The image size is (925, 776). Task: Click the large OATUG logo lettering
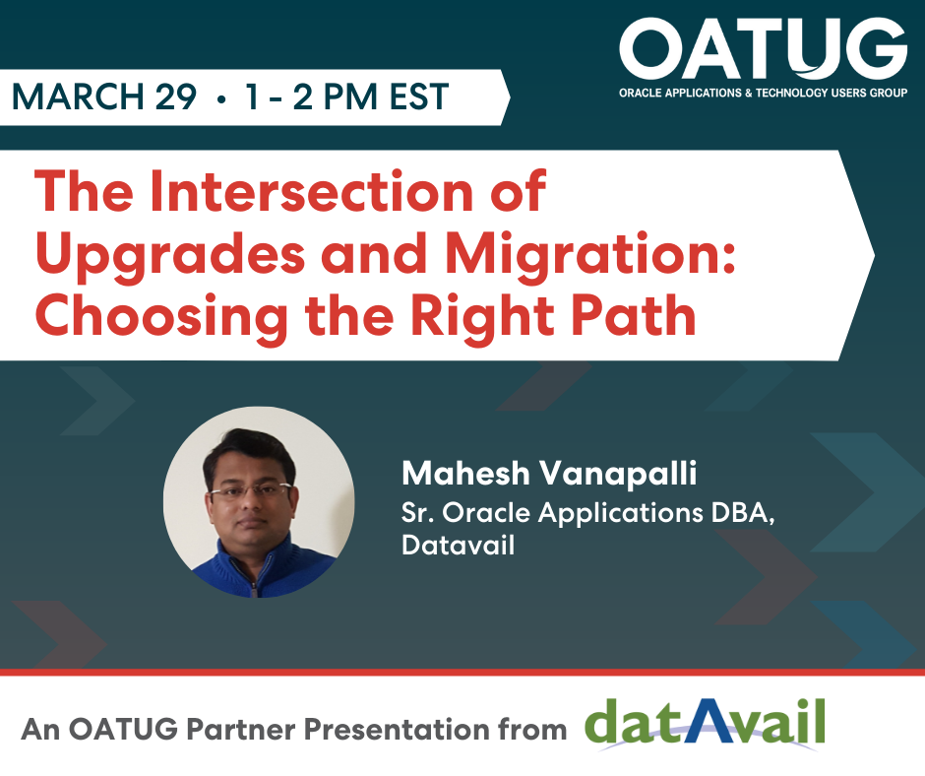click(x=763, y=48)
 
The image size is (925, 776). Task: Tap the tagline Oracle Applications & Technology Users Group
click(x=763, y=93)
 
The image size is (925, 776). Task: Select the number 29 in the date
click(x=176, y=97)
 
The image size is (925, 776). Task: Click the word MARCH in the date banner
click(x=78, y=97)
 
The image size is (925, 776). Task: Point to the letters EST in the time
click(x=419, y=97)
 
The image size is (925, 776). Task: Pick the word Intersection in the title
click(x=312, y=191)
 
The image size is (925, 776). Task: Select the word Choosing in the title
click(x=161, y=318)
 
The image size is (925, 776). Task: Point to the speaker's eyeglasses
click(x=251, y=491)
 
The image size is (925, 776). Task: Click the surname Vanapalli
click(x=618, y=473)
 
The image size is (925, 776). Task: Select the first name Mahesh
click(x=465, y=473)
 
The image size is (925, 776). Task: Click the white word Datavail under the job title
click(x=459, y=544)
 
